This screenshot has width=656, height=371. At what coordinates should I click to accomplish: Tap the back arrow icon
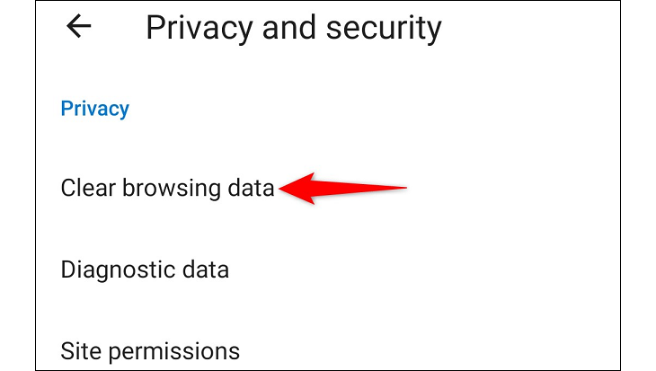point(79,27)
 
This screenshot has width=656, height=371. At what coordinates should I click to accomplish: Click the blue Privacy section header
point(94,109)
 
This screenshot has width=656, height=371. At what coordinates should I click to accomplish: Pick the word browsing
point(170,190)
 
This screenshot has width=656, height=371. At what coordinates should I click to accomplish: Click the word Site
point(77,349)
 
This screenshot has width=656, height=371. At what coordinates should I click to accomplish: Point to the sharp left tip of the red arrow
point(279,189)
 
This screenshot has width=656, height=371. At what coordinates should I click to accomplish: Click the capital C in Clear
point(67,189)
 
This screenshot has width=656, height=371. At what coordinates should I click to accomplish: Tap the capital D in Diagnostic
point(68,269)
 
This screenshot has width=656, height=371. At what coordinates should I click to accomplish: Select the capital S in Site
point(66,349)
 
